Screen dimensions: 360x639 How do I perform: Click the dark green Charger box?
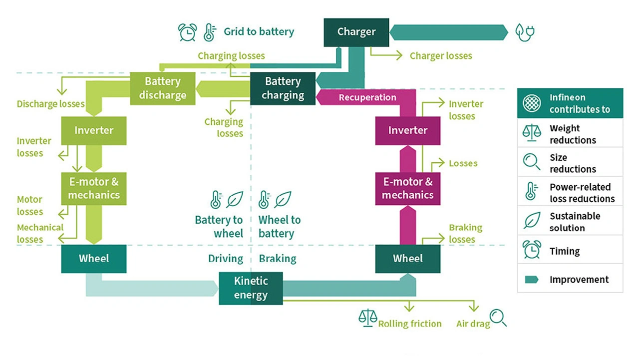coord(356,32)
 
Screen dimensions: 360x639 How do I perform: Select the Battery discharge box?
coord(162,88)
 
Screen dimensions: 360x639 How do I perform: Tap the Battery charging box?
coord(283,88)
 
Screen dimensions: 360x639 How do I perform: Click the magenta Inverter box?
coord(407,130)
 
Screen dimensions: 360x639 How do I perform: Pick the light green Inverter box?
coord(94,130)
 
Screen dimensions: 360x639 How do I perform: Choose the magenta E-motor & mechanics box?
coord(407,188)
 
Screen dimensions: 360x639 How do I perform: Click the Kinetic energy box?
coord(251,288)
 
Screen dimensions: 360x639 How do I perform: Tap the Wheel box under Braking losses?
coord(407,259)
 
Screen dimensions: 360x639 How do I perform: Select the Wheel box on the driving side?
coord(94,259)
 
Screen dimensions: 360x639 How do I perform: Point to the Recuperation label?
coord(367,98)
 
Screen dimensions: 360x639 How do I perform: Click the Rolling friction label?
coord(410,324)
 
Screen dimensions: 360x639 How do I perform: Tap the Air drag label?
coord(473,324)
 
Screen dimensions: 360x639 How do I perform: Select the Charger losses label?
coord(441,56)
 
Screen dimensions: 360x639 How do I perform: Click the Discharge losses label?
coord(50,104)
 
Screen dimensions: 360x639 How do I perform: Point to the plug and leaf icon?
coord(525,32)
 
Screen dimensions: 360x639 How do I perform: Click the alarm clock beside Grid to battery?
coord(188,32)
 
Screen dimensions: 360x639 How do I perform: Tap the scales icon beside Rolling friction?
coord(367,318)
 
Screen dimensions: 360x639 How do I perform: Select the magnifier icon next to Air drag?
coord(498,318)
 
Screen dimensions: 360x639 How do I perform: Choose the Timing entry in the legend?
coord(565,251)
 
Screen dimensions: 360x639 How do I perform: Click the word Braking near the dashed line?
coord(278,259)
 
